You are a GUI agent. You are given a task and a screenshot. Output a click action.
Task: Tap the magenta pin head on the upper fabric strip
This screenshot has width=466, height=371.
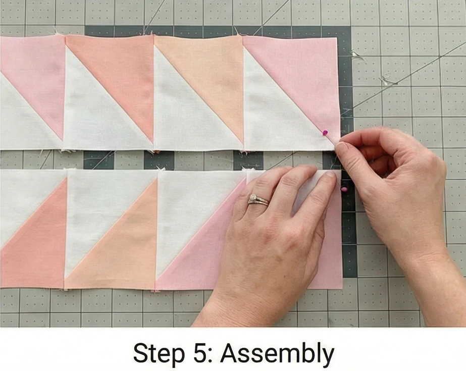pos(326,132)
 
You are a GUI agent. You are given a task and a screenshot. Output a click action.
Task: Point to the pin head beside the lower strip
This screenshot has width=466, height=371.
pos(344,189)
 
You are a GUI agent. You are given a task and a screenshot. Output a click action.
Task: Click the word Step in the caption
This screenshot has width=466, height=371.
pos(159,353)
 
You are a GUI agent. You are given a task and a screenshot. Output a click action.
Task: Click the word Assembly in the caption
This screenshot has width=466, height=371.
pos(277,353)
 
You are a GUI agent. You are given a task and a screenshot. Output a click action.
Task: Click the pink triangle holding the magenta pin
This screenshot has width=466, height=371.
pos(303,80)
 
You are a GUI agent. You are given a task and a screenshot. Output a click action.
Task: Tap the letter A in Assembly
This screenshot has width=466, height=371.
pos(229,353)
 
